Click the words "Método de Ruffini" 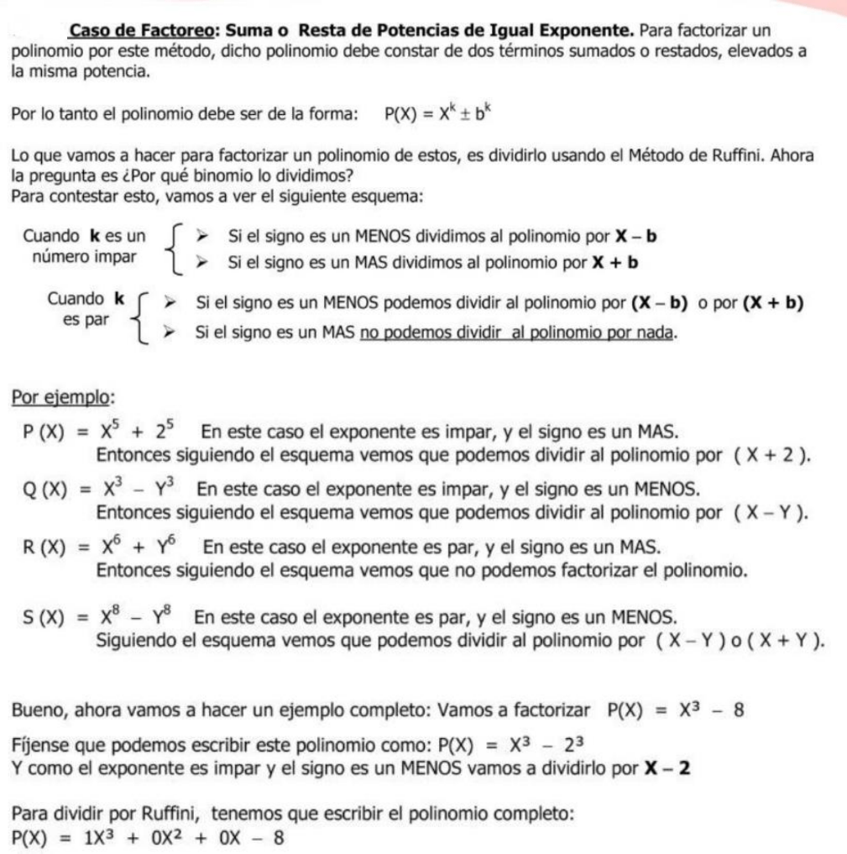[x=724, y=155]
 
